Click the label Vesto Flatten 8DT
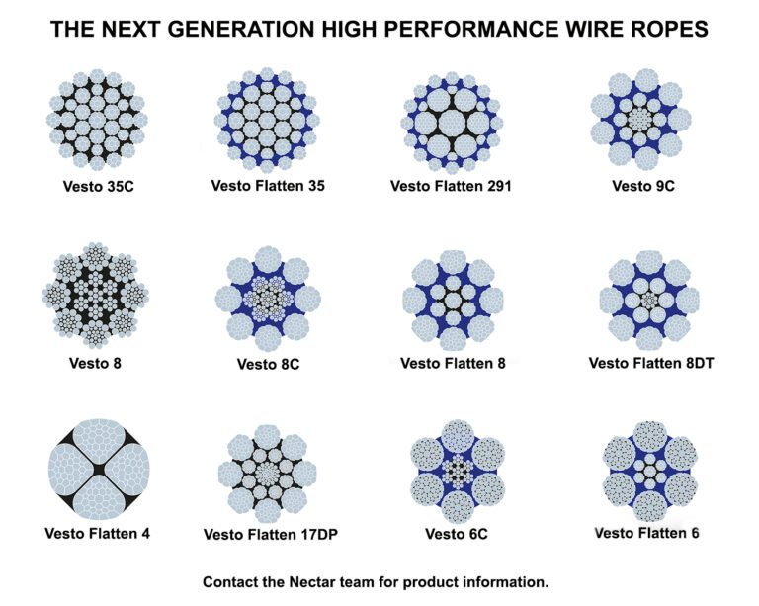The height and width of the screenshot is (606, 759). pyautogui.click(x=651, y=363)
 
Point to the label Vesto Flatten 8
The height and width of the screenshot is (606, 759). pyautogui.click(x=454, y=363)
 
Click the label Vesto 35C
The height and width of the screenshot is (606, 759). pyautogui.click(x=96, y=185)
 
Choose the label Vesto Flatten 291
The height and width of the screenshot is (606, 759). pyautogui.click(x=451, y=185)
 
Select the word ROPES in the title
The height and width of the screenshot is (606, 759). pyautogui.click(x=671, y=30)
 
